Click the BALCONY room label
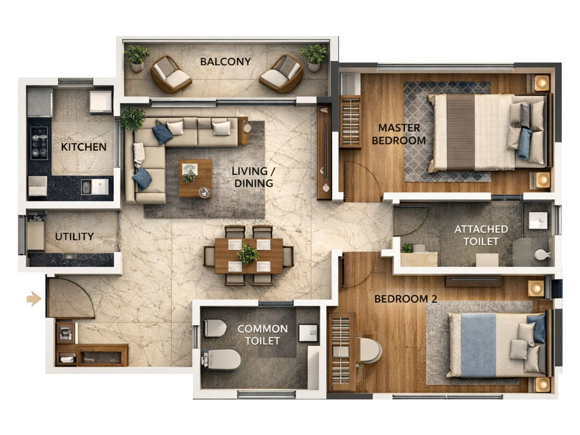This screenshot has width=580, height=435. point(225,62)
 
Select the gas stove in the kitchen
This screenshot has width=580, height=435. point(39,143)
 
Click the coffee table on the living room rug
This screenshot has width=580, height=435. point(195,178)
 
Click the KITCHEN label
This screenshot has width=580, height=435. point(83,147)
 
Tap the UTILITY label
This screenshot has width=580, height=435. point(74,237)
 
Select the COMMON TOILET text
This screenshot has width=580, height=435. point(262,335)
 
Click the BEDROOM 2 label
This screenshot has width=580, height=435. point(405,299)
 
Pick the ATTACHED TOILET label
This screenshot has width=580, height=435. point(481,235)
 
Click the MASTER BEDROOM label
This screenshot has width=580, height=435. point(399,134)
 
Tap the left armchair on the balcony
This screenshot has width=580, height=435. point(170,74)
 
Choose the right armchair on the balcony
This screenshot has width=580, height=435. point(281,74)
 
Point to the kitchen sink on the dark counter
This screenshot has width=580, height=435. point(87,187)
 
